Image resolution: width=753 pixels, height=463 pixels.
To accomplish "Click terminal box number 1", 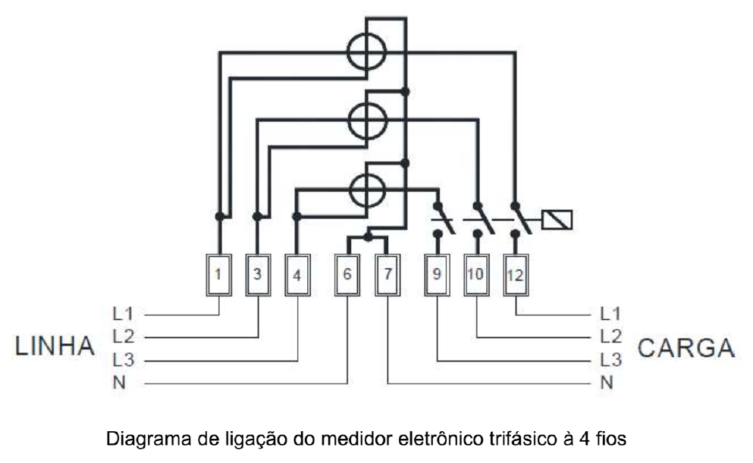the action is coord(219,275).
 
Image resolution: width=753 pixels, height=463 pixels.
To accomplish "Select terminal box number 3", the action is coord(259,275).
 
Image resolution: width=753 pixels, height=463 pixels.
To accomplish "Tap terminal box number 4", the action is coord(298,275).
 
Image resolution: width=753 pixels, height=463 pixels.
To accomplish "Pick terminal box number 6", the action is coord(347,275).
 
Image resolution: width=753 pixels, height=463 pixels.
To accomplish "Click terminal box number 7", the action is coord(387,275).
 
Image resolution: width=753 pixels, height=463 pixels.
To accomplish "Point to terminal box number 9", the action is coord(437,275).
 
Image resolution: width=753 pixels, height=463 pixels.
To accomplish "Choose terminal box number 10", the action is coord(476,275).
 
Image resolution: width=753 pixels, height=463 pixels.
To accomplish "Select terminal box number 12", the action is coord(516,275).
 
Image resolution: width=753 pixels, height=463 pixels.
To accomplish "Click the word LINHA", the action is coord(55,346).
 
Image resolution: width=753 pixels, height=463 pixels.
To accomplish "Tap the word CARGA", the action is coord(686,348).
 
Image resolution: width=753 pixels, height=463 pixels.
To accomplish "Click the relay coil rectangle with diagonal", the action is coord(557,220).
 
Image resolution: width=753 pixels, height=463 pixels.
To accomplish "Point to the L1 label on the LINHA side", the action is coord(123,314).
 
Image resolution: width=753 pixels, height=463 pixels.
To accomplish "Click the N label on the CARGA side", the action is coord(607,383).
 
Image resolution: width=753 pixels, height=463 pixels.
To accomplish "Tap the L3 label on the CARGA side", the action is coord(611,359).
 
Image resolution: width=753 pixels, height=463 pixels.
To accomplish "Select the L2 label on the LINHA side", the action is coord(124,336).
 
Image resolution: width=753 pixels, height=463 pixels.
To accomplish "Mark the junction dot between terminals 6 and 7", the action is coord(368,237).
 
